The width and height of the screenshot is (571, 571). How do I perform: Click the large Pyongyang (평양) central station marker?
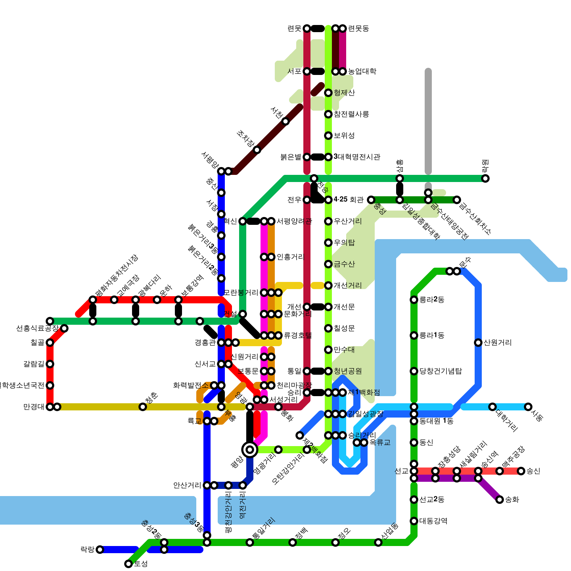[250, 449]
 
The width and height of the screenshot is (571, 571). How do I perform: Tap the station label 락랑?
[87, 550]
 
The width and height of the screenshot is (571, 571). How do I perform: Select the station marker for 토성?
[128, 564]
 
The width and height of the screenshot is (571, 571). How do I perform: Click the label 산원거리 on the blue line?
[497, 343]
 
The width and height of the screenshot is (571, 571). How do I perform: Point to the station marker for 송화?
[500, 500]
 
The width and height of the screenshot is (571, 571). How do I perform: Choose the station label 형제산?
[344, 93]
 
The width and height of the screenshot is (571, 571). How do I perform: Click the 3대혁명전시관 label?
[357, 157]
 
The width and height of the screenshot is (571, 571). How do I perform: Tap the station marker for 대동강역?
[414, 521]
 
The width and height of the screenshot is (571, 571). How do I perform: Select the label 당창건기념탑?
[440, 371]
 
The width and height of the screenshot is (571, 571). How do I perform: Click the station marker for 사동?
[528, 407]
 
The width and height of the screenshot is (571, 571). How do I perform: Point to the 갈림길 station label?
[34, 364]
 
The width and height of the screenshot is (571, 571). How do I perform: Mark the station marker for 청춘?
[143, 407]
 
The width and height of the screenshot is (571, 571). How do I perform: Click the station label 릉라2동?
[432, 300]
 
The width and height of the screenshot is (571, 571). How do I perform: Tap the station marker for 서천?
[285, 121]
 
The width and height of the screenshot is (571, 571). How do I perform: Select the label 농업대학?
[362, 71]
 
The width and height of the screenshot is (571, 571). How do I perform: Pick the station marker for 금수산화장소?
[457, 200]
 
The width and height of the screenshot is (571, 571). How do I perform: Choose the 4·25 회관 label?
[348, 199]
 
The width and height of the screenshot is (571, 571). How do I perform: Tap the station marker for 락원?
[485, 178]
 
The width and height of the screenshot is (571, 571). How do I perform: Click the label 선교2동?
[432, 500]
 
